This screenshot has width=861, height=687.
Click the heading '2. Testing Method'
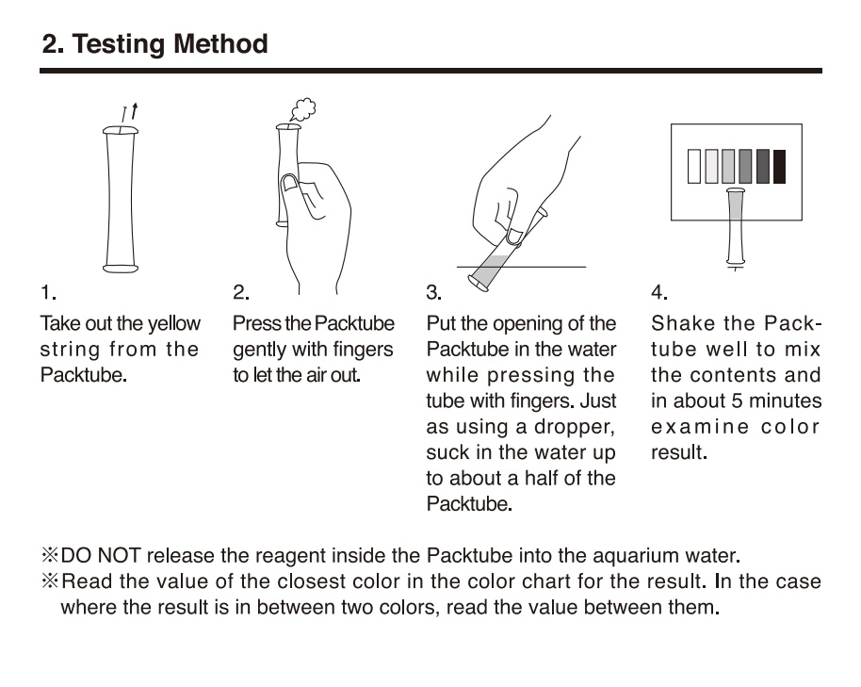[154, 44]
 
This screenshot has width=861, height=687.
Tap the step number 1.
[48, 292]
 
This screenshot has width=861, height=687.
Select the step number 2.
[241, 292]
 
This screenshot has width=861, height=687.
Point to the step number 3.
[433, 292]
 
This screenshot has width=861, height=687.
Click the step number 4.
[658, 292]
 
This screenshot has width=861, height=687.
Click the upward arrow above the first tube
[135, 111]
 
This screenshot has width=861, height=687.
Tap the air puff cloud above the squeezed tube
[302, 109]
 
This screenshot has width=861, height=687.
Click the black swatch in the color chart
[779, 167]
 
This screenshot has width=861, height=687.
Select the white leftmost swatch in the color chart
[694, 167]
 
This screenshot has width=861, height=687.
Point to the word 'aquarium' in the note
[635, 556]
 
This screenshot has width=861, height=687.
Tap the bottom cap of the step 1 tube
[121, 268]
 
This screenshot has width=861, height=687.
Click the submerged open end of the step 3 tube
[478, 284]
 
